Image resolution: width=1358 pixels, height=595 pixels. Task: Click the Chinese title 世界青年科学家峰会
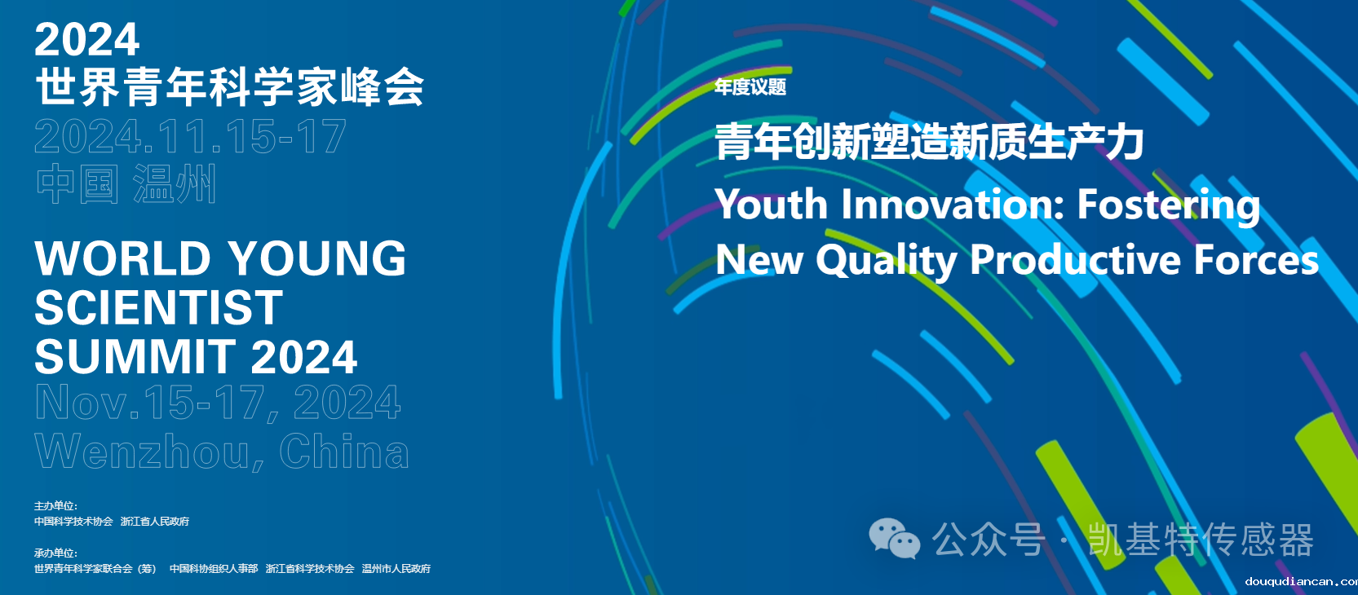(229, 87)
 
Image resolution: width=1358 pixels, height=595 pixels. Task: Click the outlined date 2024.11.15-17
(190, 137)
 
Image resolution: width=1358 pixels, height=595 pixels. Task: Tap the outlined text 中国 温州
(126, 184)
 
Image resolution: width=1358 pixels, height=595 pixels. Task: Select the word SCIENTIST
(158, 308)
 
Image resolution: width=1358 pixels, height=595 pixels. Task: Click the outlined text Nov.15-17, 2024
(218, 403)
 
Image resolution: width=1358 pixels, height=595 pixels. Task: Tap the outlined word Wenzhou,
(149, 452)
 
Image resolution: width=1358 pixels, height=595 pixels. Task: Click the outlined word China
(343, 452)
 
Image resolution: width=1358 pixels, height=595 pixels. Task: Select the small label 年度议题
(750, 87)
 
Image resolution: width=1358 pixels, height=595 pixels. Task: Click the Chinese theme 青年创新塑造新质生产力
(929, 142)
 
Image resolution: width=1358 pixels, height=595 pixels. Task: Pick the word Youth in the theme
(772, 204)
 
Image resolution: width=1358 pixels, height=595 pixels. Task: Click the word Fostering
(1168, 205)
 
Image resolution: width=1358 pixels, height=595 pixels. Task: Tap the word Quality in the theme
(886, 261)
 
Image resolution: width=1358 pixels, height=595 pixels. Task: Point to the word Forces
(1256, 260)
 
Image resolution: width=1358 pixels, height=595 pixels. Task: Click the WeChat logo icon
(894, 539)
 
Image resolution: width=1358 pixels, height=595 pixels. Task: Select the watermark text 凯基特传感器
(1200, 540)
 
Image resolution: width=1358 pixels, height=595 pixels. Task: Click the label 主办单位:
(55, 506)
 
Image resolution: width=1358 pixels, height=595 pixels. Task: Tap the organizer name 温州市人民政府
(396, 569)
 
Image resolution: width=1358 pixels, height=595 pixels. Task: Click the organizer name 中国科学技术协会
(73, 522)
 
